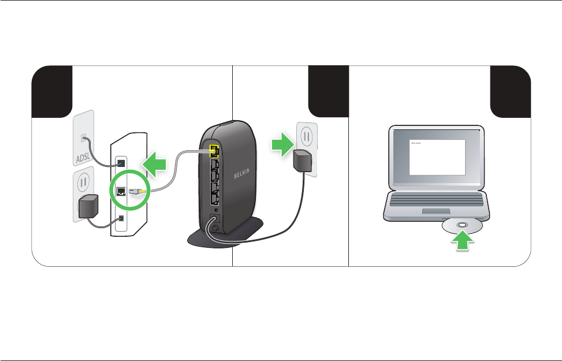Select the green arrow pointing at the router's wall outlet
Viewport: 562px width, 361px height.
(282, 144)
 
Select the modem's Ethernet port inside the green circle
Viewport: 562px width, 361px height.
(122, 191)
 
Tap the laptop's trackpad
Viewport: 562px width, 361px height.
(439, 212)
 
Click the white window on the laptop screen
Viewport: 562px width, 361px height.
(437, 158)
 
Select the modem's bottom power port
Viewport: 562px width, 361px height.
(121, 218)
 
